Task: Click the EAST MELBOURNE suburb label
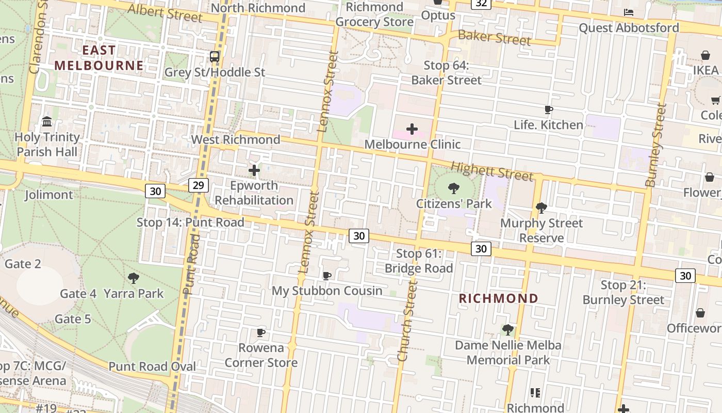tap(99, 58)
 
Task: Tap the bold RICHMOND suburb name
tap(499, 298)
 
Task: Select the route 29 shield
tap(198, 185)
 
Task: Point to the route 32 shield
tap(481, 3)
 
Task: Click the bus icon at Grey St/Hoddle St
tap(215, 57)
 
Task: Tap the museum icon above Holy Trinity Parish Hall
tap(47, 122)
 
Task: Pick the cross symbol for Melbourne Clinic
tap(412, 129)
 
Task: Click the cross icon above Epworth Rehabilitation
tap(254, 170)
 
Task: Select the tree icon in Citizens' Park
tap(454, 188)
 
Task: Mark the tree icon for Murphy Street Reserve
tap(541, 208)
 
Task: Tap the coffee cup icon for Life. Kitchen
tap(549, 109)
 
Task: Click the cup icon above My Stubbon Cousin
tap(327, 276)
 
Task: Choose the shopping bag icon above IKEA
tap(705, 55)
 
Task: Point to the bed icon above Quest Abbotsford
tap(629, 12)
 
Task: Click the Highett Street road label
tap(491, 171)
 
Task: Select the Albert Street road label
tap(165, 13)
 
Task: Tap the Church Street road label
tap(407, 321)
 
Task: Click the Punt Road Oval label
tap(152, 367)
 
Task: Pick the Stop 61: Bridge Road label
tap(419, 261)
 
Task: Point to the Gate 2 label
tap(23, 264)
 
